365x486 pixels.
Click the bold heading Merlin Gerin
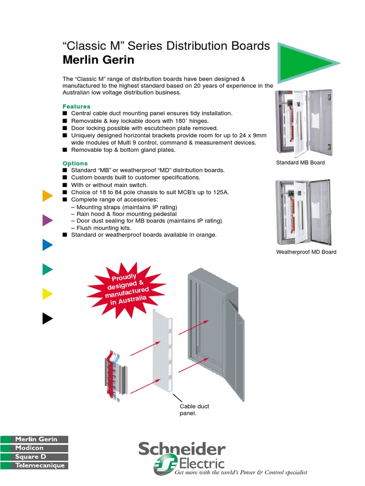[98, 60]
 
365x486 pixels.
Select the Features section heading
[76, 106]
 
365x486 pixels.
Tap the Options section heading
[75, 163]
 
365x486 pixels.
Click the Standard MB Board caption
[300, 163]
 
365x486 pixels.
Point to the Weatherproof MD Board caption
[306, 252]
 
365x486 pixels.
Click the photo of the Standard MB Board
[304, 123]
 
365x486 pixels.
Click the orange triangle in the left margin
[47, 196]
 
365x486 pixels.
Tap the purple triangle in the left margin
[47, 220]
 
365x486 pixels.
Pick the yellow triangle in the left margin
[47, 294]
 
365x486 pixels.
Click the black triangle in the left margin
[47, 318]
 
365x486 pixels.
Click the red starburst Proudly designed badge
[126, 290]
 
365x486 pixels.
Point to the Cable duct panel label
[194, 410]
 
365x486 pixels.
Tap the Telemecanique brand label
[40, 466]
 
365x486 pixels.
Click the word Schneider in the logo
[182, 449]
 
